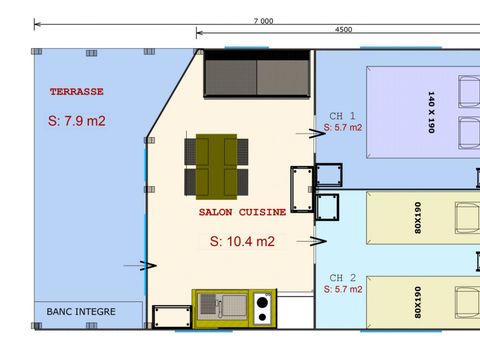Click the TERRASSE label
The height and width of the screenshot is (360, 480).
pos(76,91)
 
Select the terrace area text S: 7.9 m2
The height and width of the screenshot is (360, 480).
pos(77,122)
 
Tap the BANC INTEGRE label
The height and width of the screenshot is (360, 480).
pos(81,311)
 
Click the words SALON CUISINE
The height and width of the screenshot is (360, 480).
pos(242,212)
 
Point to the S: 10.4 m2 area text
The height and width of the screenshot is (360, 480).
pos(242,241)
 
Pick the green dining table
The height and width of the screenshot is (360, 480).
pos(216,165)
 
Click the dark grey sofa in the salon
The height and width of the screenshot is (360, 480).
pos(257,75)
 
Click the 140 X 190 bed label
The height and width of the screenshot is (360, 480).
pos(431,112)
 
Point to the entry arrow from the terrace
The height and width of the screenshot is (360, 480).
pos(147,265)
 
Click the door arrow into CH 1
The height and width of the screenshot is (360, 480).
pos(303,132)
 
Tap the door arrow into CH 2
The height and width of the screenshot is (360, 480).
pos(318,240)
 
